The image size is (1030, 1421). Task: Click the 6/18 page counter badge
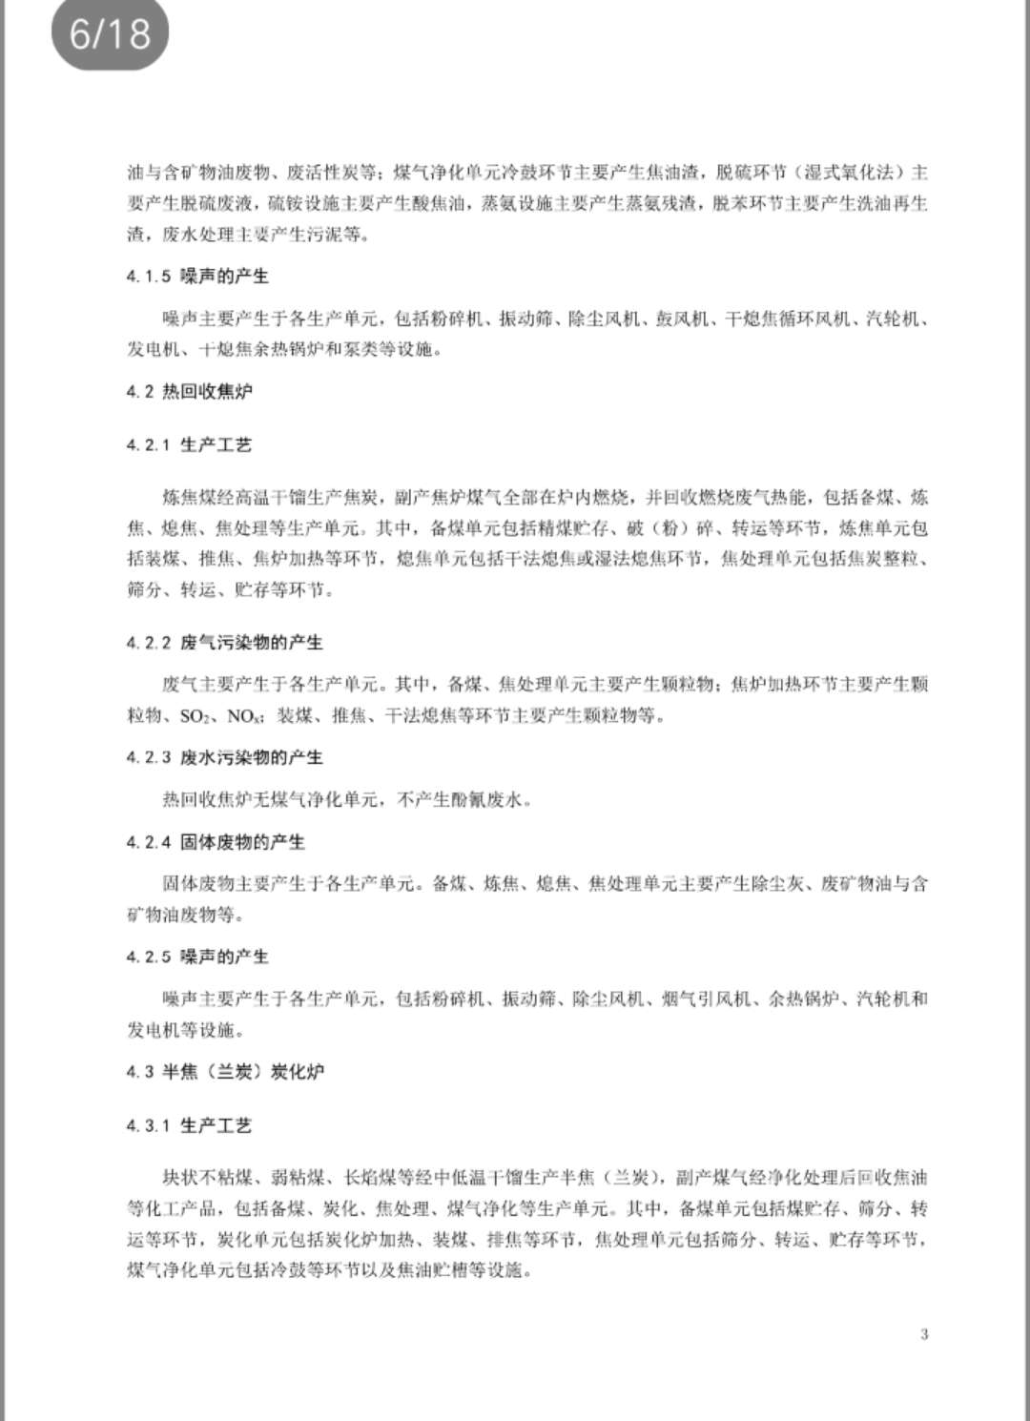(110, 34)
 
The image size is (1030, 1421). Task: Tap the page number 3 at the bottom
(924, 1333)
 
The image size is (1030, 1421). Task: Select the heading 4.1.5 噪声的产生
(197, 277)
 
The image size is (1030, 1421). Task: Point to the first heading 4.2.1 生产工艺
(189, 444)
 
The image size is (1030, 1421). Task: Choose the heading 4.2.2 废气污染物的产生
(224, 643)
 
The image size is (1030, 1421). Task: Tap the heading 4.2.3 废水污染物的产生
(224, 757)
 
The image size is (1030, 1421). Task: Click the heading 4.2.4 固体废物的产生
(216, 842)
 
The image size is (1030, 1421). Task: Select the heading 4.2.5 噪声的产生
(197, 957)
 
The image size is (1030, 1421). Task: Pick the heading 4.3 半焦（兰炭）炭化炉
(225, 1072)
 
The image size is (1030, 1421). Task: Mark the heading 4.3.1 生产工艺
(189, 1125)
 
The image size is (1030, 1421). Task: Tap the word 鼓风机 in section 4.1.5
(682, 319)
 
